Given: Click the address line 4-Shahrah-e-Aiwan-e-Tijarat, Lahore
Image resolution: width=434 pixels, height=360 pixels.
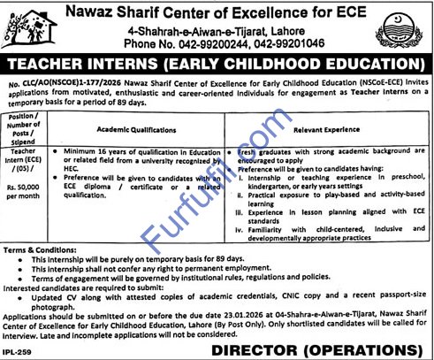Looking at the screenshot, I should (217, 27).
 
